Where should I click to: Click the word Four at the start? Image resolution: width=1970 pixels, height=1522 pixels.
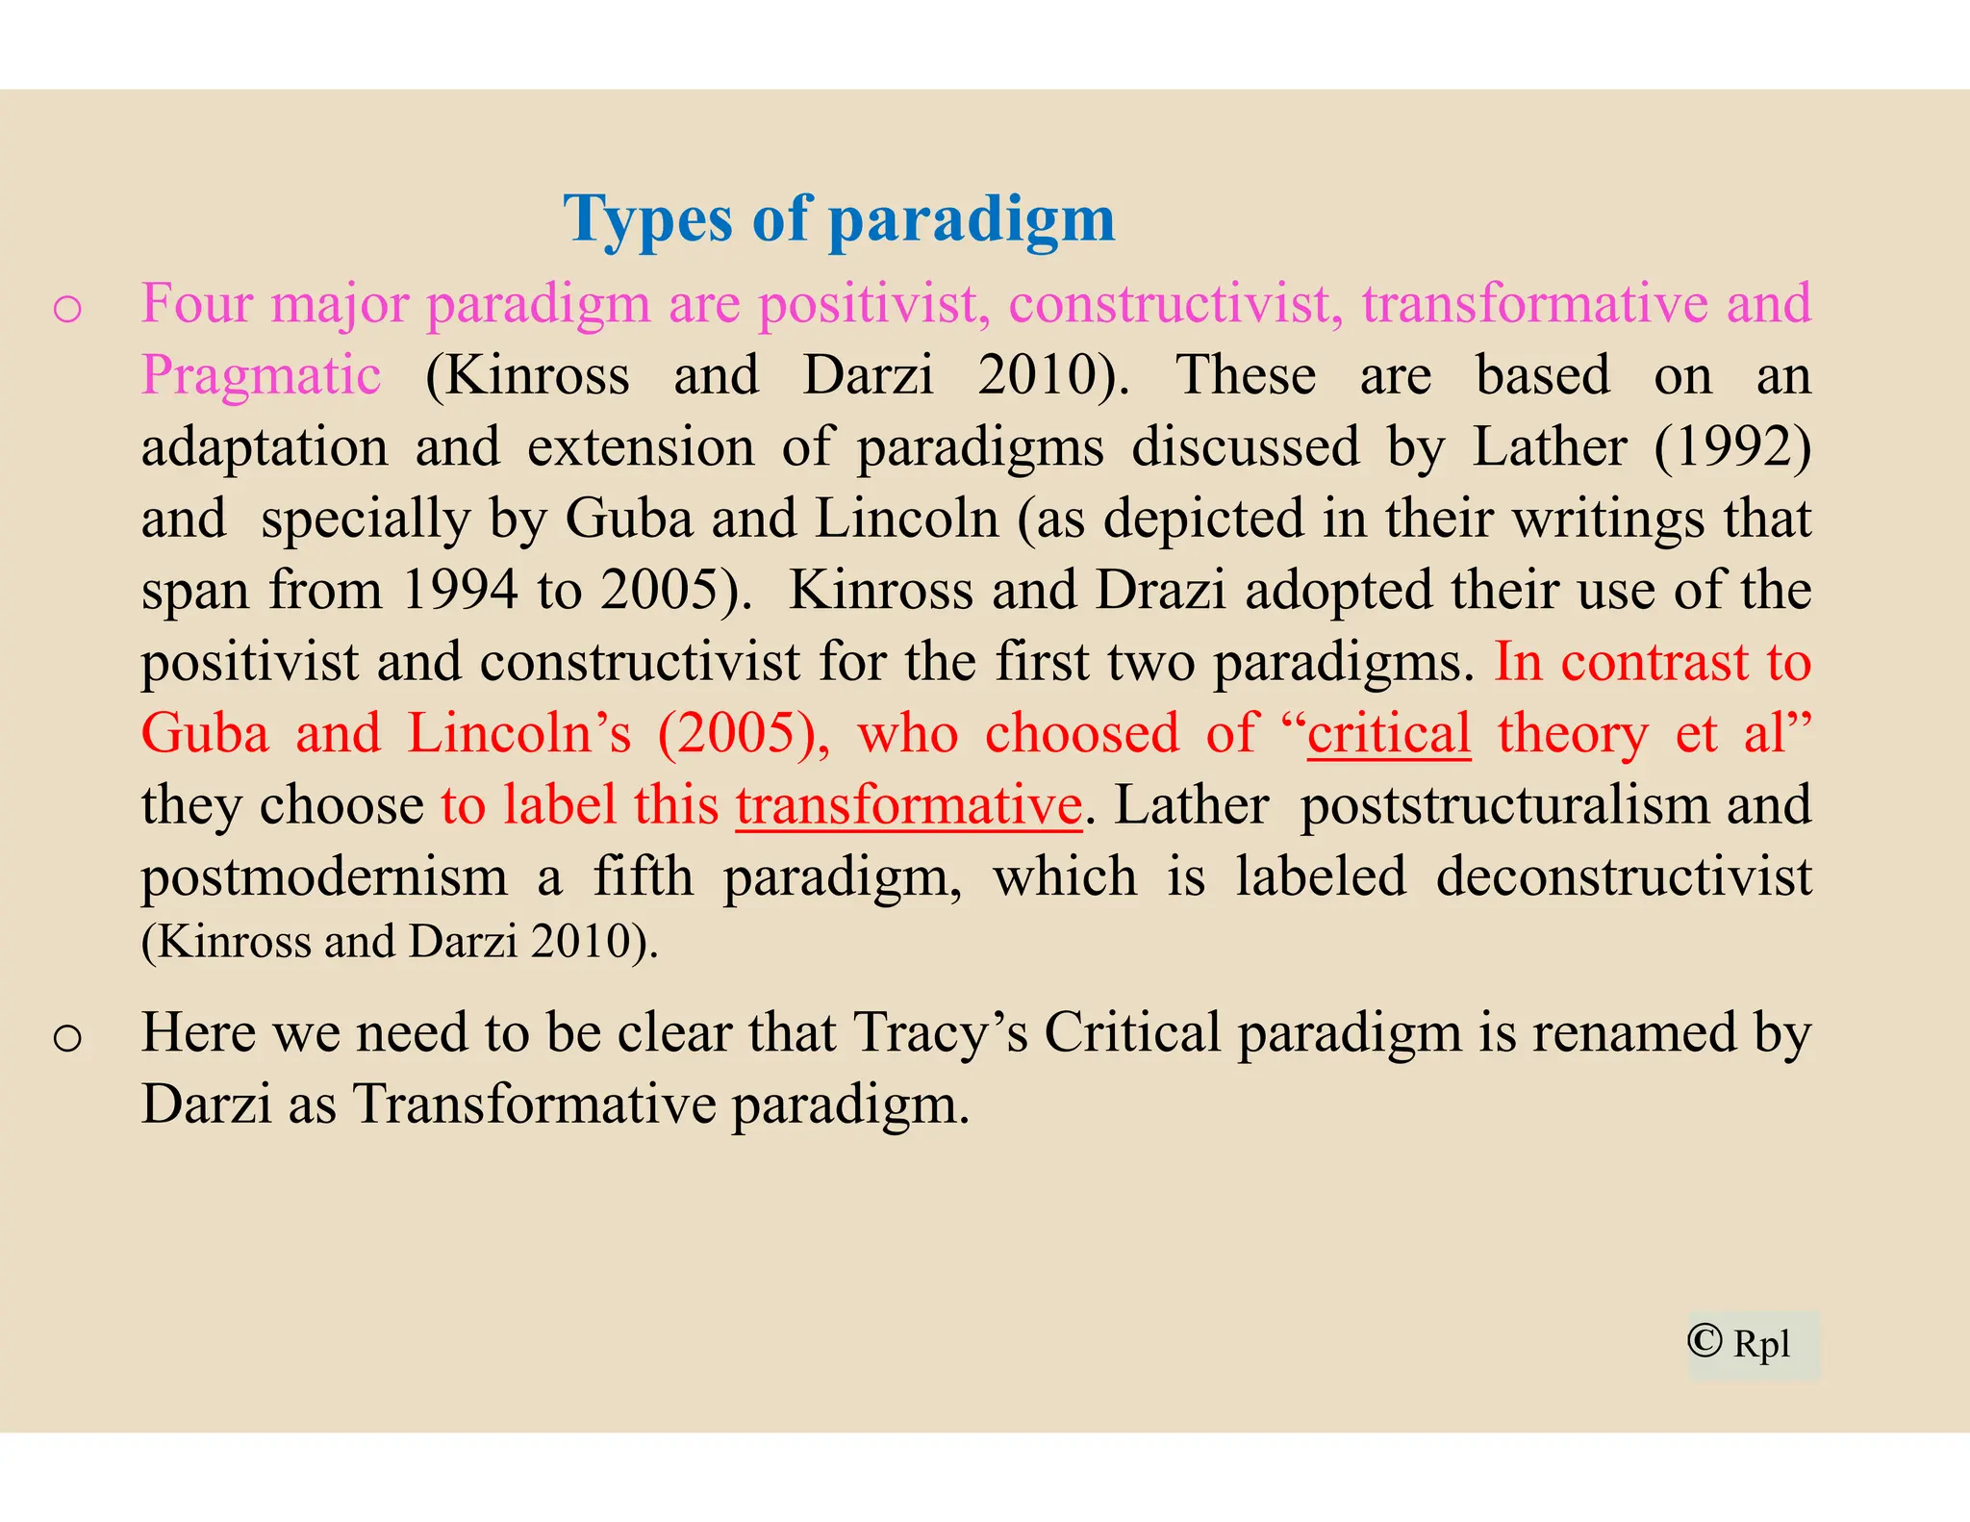click(197, 303)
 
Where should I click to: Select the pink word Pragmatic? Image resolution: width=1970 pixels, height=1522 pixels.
click(261, 375)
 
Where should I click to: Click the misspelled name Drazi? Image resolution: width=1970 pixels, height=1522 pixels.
click(1160, 590)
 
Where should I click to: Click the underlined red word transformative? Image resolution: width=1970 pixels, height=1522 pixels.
click(909, 805)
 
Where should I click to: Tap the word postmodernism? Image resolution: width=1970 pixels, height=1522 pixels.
click(324, 876)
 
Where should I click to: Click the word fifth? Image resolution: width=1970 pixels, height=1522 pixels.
click(643, 876)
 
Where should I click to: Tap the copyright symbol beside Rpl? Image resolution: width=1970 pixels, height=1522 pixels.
click(1705, 1340)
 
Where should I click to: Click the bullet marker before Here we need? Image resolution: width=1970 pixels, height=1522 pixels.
click(67, 1038)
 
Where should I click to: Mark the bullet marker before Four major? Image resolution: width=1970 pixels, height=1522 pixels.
click(67, 310)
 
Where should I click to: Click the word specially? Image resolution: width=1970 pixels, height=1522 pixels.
click(366, 519)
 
